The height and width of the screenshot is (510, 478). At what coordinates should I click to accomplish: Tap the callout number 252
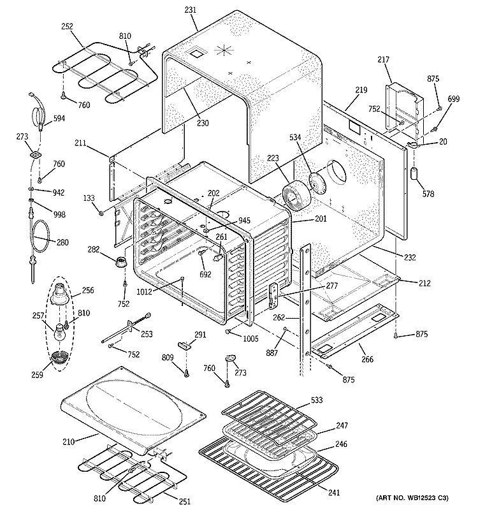pos(67,27)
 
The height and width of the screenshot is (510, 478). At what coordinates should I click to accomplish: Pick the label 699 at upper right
pos(453,99)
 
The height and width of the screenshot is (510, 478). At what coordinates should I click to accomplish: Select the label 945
pos(243,221)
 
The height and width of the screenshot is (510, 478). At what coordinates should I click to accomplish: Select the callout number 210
pos(69,441)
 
